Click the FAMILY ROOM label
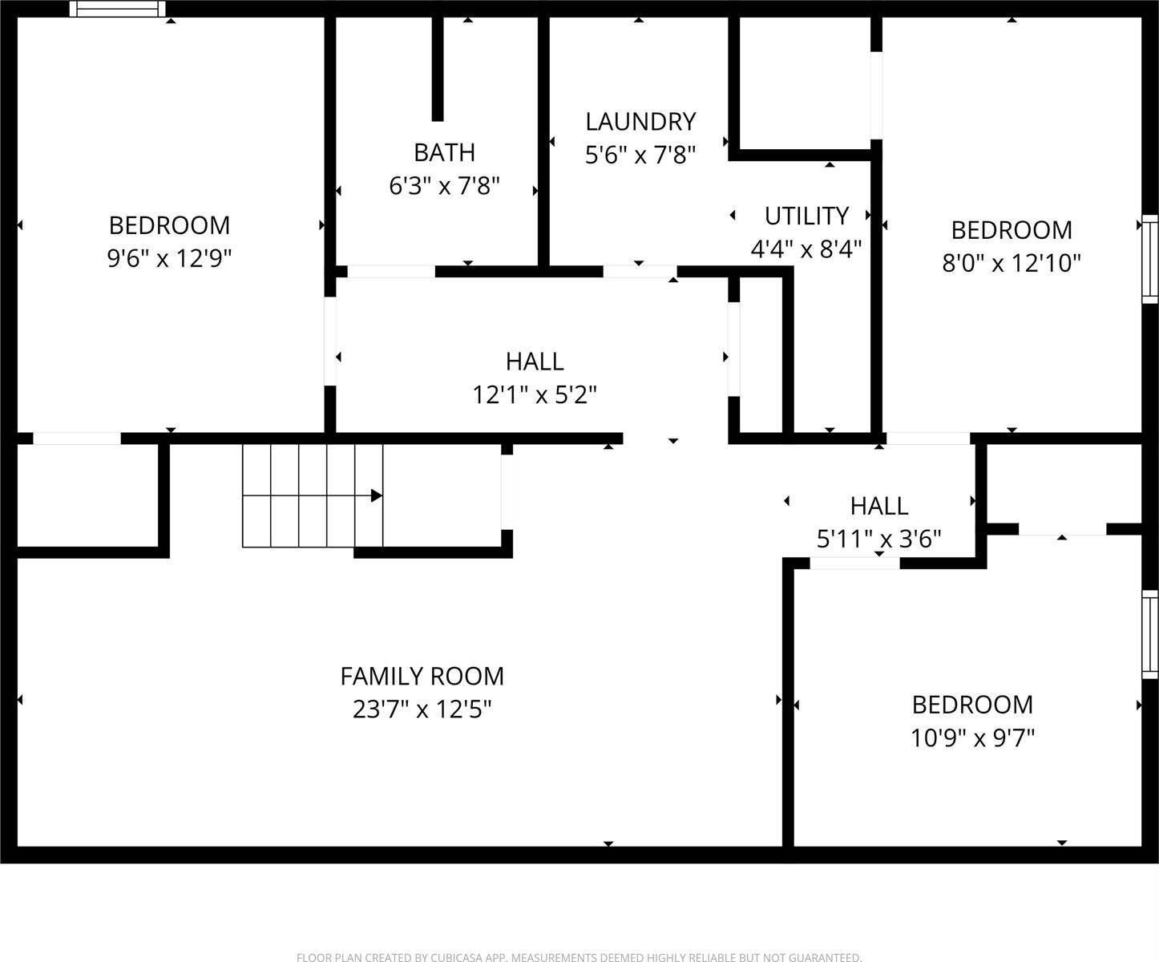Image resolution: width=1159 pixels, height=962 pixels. pyautogui.click(x=422, y=677)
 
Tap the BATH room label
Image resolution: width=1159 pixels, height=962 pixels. pyautogui.click(x=444, y=152)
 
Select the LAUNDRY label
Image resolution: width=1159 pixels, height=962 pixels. pyautogui.click(x=640, y=122)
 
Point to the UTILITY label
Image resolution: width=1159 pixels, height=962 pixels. pyautogui.click(x=806, y=216)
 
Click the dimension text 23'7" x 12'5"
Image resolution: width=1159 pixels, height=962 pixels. pyautogui.click(x=422, y=709)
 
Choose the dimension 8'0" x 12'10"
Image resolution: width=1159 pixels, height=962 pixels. pyautogui.click(x=1012, y=263)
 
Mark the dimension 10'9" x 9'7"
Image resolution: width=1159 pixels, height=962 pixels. pyautogui.click(x=972, y=738)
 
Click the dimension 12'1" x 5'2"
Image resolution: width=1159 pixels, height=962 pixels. pyautogui.click(x=535, y=394)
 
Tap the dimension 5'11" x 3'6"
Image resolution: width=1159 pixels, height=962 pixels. pyautogui.click(x=878, y=539)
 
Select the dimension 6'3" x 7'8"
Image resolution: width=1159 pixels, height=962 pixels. pyautogui.click(x=444, y=186)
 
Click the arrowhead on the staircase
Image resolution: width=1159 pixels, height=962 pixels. pyautogui.click(x=376, y=495)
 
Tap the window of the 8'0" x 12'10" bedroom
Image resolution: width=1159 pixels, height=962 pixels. pyautogui.click(x=1150, y=258)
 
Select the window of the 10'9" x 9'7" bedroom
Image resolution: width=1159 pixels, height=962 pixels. pyautogui.click(x=1150, y=634)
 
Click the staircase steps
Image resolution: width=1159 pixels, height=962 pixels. pyautogui.click(x=313, y=495)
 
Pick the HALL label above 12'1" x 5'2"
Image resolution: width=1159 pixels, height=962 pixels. pyautogui.click(x=535, y=362)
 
